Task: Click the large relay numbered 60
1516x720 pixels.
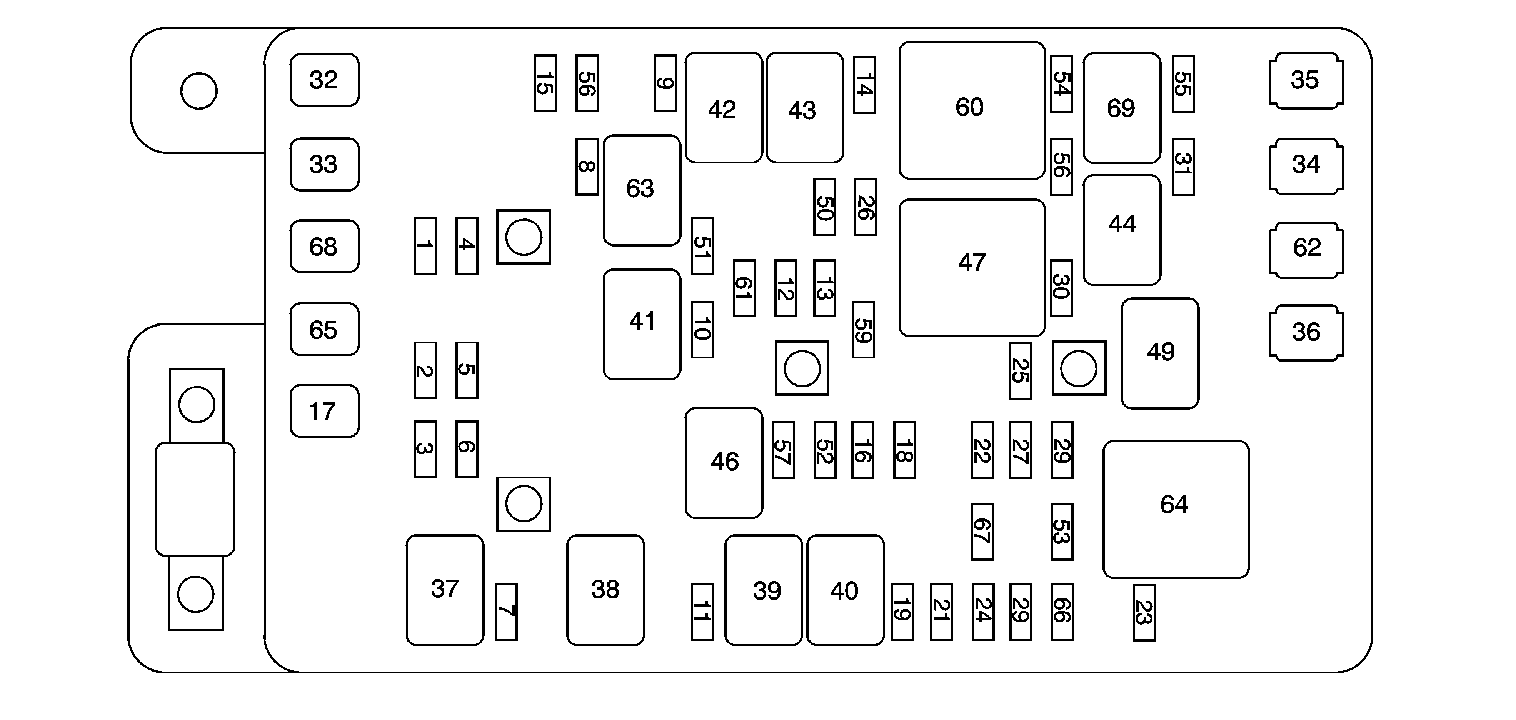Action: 972,110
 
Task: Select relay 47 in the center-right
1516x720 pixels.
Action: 972,268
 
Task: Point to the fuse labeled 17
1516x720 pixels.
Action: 324,411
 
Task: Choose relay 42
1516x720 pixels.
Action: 723,108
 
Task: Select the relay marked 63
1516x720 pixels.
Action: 642,190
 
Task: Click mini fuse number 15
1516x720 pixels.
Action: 545,83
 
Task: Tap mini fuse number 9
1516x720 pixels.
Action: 665,83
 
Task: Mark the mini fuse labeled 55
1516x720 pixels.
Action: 1183,83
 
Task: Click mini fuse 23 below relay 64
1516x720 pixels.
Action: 1144,612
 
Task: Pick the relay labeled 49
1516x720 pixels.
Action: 1160,353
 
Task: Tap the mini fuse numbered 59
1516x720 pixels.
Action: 863,329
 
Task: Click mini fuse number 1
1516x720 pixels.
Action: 425,246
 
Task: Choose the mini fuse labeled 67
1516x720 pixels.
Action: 982,531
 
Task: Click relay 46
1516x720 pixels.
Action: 724,462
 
